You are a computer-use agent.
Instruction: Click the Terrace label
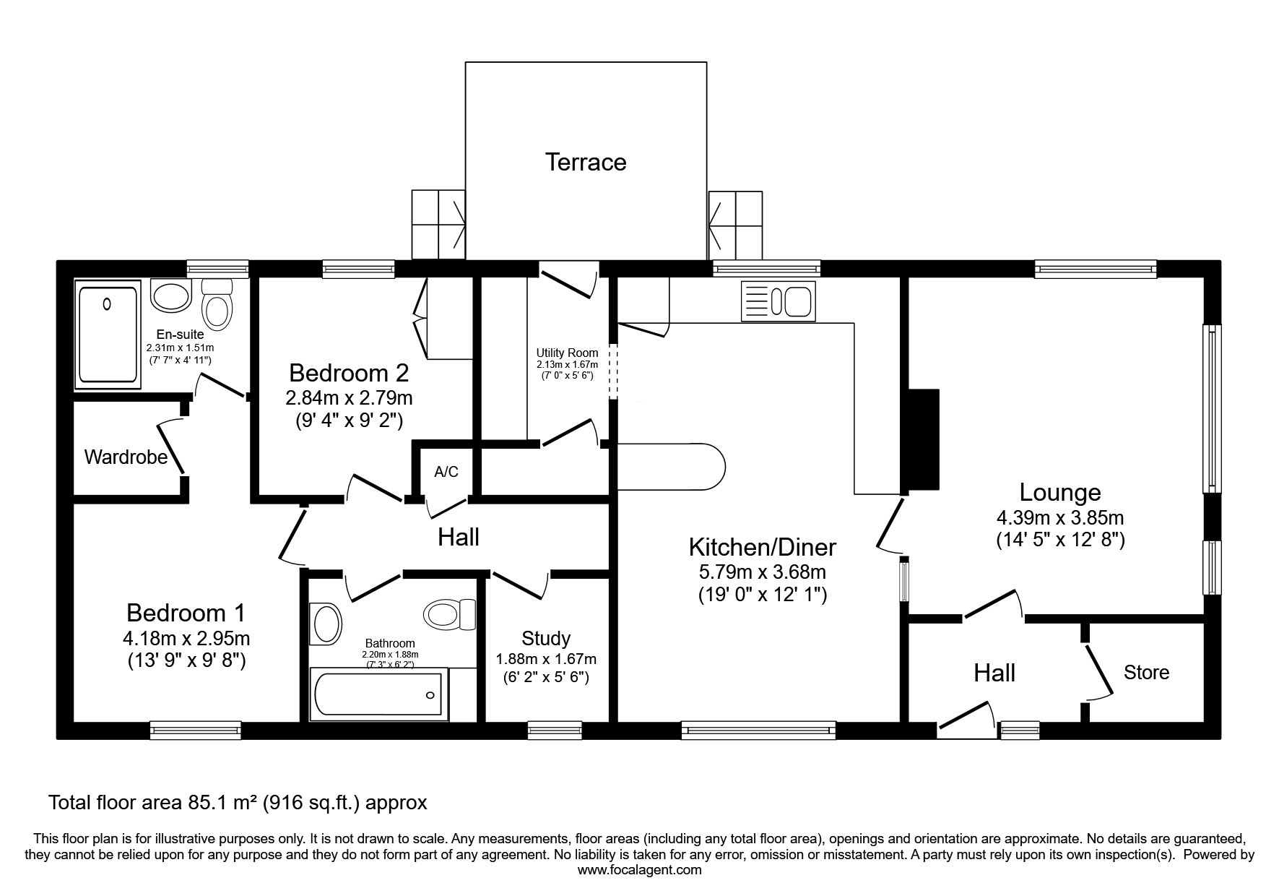point(585,162)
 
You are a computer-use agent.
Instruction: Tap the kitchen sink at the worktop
point(778,301)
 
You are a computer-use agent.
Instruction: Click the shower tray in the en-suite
point(108,335)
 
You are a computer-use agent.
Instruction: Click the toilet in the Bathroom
point(449,614)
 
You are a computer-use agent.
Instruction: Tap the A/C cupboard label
point(446,472)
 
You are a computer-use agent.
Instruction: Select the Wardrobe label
point(126,457)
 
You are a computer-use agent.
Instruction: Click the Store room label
point(1146,672)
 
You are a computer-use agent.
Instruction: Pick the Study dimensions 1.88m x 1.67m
point(546,659)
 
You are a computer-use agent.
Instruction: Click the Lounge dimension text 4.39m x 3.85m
point(1060,517)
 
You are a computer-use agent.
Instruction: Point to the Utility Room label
point(567,353)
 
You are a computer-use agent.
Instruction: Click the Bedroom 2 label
point(349,373)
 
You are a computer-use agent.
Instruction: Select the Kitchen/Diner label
point(763,547)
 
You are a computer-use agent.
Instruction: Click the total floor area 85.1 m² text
point(238,802)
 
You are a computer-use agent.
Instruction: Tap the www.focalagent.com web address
point(639,870)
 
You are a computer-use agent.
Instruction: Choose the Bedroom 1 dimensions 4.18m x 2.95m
point(186,638)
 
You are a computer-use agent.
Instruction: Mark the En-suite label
point(181,335)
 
